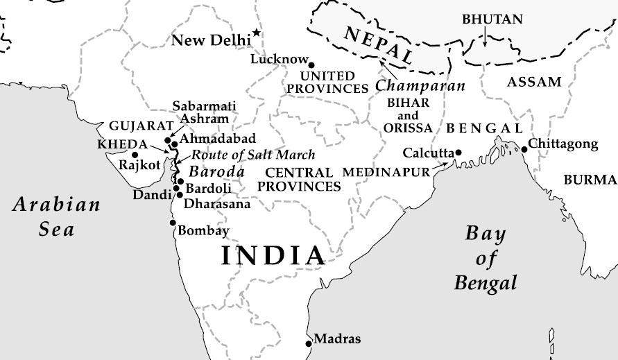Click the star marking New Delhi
click(257, 33)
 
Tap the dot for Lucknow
click(311, 65)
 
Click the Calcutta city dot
click(458, 152)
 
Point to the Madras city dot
click(309, 343)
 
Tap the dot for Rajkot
click(135, 154)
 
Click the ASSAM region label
click(534, 82)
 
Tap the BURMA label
click(590, 180)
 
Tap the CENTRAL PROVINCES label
click(299, 179)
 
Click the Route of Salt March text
click(253, 154)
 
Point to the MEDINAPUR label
click(386, 171)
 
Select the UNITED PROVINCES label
click(327, 82)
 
